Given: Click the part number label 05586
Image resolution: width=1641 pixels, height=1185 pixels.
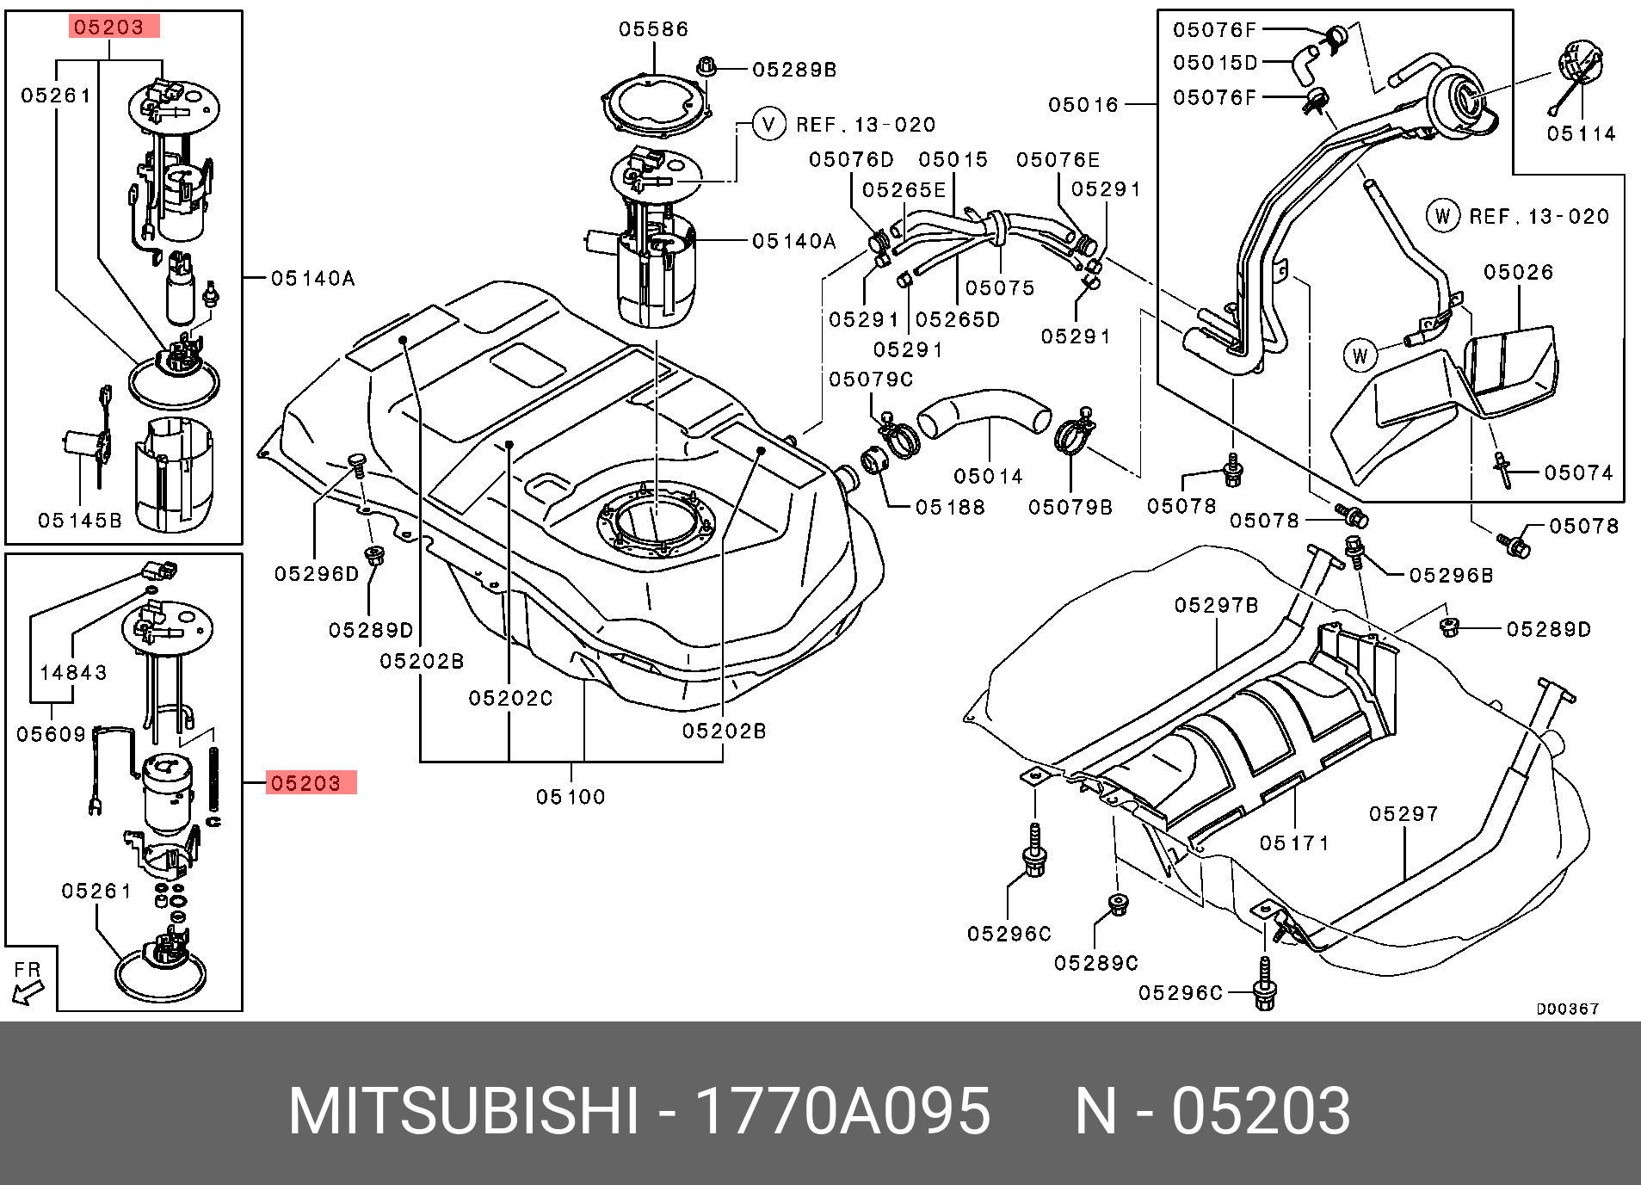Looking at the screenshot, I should (x=653, y=29).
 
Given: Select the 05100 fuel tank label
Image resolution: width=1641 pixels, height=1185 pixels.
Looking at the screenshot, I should (x=571, y=797).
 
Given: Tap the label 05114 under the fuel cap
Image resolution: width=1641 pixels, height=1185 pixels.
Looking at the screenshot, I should (x=1581, y=133).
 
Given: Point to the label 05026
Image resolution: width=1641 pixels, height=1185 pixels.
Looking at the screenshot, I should (x=1518, y=273).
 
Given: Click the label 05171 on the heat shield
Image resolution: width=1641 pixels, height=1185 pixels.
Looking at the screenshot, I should (x=1294, y=843).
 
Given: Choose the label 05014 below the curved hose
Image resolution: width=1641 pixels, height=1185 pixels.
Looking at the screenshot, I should (x=988, y=476).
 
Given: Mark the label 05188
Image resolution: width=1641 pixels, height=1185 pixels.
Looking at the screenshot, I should (x=950, y=508).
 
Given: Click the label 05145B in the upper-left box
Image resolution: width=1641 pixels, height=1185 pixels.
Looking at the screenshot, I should (x=80, y=521).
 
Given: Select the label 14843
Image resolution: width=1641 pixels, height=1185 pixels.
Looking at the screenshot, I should (x=73, y=672).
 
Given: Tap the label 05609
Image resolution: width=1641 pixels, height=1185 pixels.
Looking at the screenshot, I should (x=52, y=734).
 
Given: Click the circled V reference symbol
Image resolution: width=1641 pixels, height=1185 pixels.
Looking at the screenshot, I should (x=768, y=124).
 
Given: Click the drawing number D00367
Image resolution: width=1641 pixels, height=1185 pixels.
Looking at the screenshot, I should (x=1567, y=1009).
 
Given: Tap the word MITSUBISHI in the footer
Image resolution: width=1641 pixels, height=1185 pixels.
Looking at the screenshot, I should (x=464, y=1111).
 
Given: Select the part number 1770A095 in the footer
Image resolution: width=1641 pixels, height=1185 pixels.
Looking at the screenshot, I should (x=842, y=1111).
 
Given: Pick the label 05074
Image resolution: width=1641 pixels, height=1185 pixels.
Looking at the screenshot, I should (x=1578, y=472).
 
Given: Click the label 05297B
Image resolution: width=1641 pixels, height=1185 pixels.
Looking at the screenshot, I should (x=1216, y=606).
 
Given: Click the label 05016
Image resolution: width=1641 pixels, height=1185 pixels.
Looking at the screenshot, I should (x=1083, y=105).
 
